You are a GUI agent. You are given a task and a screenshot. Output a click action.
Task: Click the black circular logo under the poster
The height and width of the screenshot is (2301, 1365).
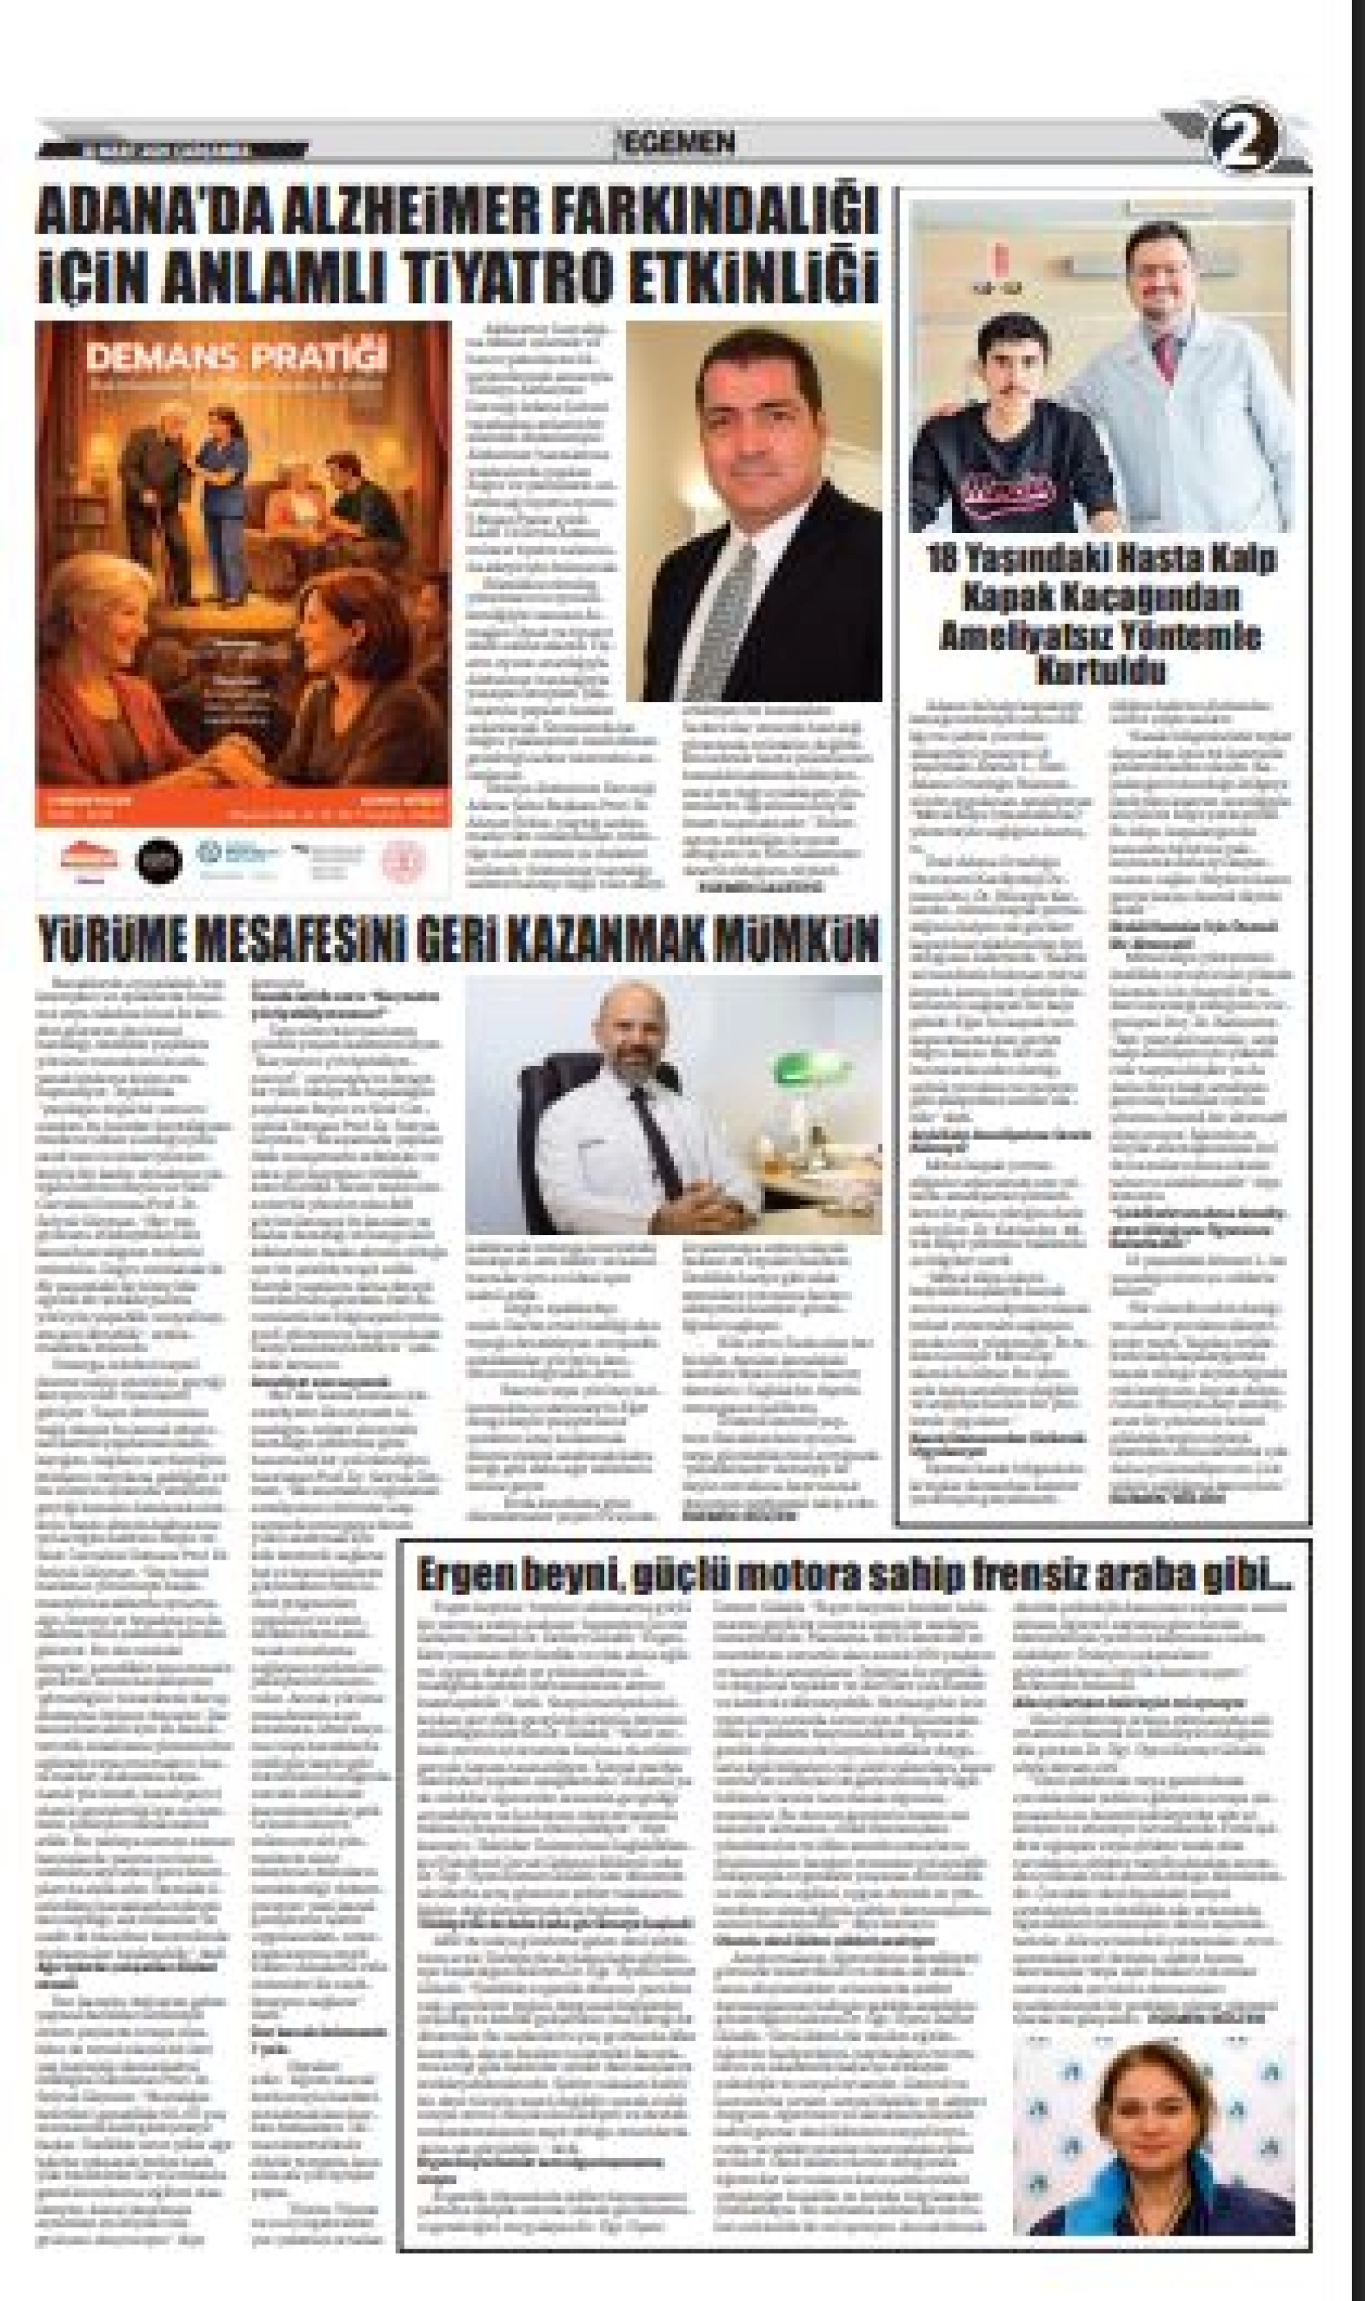(x=158, y=861)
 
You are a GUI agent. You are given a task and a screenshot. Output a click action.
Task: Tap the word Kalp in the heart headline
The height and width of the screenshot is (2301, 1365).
(x=1244, y=560)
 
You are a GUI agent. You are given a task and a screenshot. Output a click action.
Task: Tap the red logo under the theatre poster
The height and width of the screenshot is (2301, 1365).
(x=89, y=858)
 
